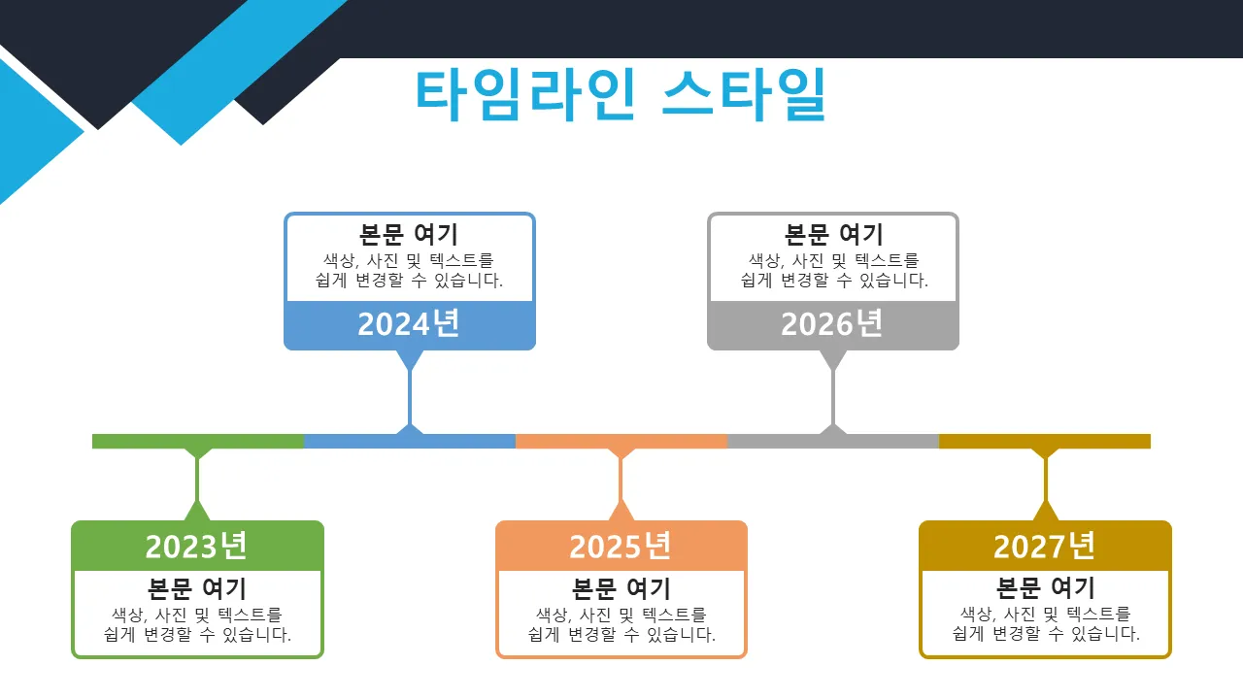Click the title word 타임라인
[525, 94]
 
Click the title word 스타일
[744, 94]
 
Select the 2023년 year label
[196, 546]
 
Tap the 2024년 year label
[409, 324]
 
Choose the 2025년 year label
[621, 546]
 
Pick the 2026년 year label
[832, 324]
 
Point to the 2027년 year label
[1044, 546]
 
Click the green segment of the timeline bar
[198, 441]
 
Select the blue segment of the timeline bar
[410, 441]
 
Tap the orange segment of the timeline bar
[621, 441]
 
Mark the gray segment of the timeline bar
[833, 441]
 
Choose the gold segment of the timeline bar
[1045, 441]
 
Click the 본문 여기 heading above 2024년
[409, 234]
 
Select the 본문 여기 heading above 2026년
[833, 234]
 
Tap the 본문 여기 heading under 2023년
[197, 588]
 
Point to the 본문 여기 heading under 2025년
[621, 588]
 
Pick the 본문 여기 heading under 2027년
[1046, 588]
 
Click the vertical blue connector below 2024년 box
[410, 398]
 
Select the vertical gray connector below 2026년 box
[833, 398]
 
